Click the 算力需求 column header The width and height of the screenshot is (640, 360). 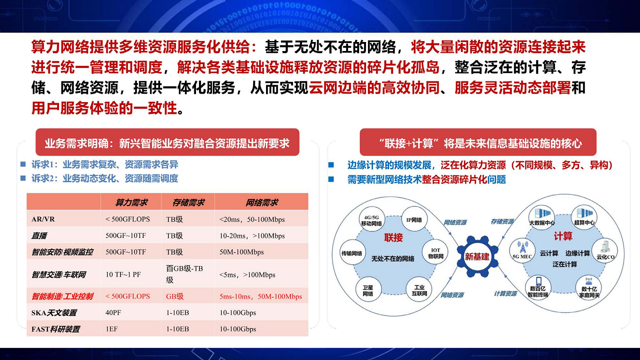(131, 202)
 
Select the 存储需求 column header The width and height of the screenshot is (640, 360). (188, 202)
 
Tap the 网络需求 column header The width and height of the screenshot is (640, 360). (261, 202)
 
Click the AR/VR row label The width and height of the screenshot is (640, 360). (43, 219)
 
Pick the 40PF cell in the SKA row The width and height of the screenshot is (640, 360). (112, 312)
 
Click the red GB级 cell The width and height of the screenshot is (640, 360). (174, 296)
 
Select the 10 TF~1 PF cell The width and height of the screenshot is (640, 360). (123, 274)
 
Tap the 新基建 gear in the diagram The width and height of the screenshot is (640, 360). (477, 257)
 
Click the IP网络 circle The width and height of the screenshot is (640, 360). (413, 220)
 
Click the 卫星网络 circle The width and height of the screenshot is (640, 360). (368, 290)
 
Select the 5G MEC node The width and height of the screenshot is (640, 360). (522, 250)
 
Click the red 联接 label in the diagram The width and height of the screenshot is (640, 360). (393, 237)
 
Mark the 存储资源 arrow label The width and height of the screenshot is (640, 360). (501, 221)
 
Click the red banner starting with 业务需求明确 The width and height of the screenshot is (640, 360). (167, 143)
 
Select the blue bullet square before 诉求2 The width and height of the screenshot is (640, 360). (22, 178)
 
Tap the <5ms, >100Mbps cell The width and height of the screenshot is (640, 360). (247, 274)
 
